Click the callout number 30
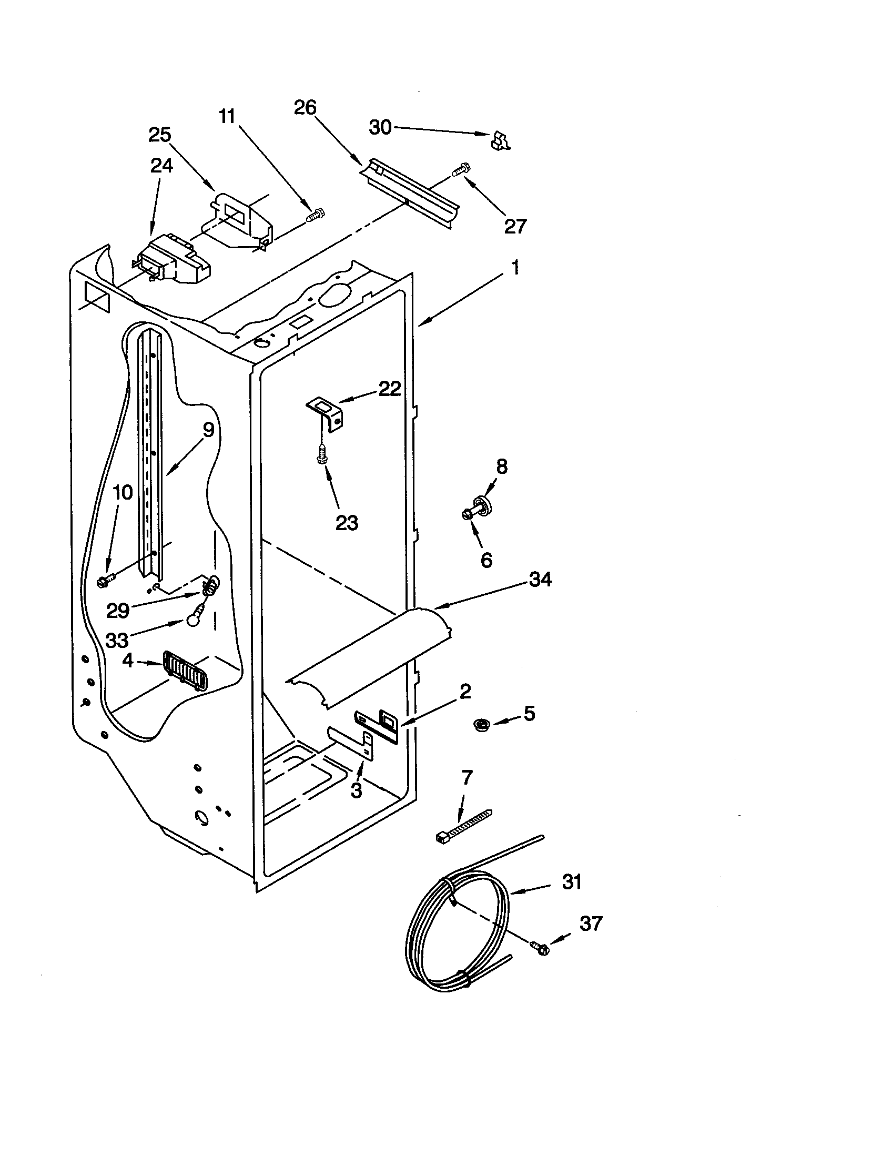click(x=380, y=127)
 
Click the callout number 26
click(x=305, y=107)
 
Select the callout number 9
click(x=208, y=430)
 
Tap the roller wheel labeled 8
click(x=481, y=503)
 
